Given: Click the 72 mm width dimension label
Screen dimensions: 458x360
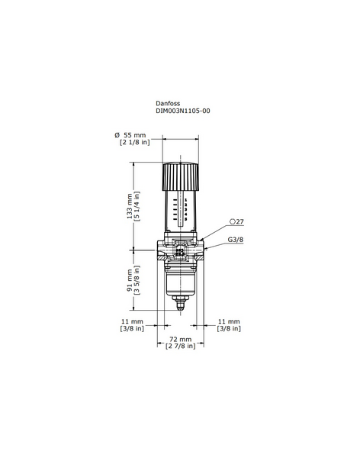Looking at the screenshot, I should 180,337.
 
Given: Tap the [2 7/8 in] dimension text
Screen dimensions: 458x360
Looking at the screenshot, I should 180,346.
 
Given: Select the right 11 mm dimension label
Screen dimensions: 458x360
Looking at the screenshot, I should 229,321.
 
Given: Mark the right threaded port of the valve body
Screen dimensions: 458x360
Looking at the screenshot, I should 204,251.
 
